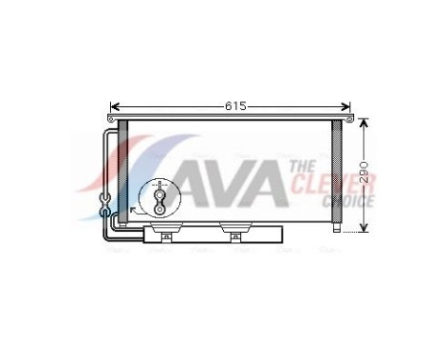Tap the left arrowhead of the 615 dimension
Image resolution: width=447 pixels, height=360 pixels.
tap(114, 106)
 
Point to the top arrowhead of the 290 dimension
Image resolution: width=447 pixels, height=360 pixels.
tap(363, 124)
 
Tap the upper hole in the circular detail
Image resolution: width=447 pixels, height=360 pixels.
tap(159, 192)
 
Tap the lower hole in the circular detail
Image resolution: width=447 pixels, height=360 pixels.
tap(159, 208)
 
